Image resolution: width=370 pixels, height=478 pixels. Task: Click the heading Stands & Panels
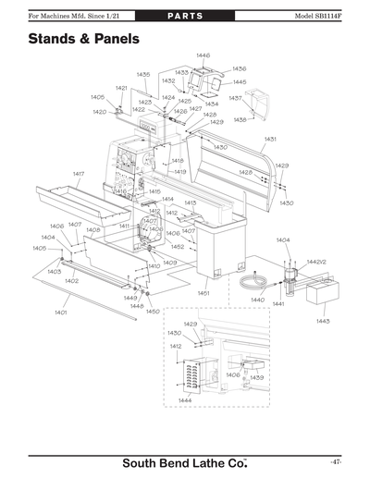coord(83,40)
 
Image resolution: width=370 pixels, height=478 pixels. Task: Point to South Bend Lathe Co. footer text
coord(185,461)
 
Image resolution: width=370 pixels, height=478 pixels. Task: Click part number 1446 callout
coord(203,56)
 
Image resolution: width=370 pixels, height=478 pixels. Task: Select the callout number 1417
coord(79,174)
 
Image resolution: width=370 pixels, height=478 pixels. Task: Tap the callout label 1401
coord(60,313)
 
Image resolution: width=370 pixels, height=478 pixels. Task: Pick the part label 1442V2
coord(316,262)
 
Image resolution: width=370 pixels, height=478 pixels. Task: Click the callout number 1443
coord(323,320)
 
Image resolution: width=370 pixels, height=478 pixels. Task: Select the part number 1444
coord(185,399)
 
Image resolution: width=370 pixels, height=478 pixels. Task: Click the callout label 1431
coord(270,139)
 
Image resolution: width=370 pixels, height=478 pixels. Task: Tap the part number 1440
coord(257,300)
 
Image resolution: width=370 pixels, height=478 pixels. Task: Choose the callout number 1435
coord(143,74)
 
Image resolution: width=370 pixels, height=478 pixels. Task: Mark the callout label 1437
coord(235,97)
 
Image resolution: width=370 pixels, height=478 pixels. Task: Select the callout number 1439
coord(256,377)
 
